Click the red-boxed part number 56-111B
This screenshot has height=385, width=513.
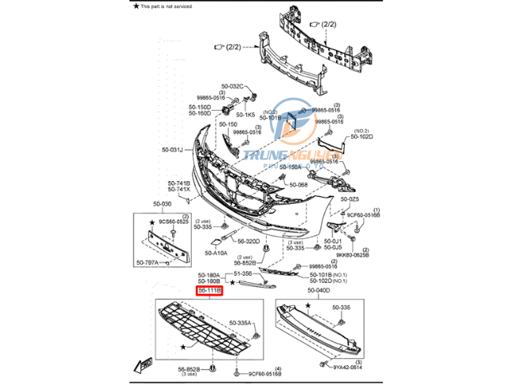(x=210, y=290)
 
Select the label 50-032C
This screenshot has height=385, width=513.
(x=233, y=85)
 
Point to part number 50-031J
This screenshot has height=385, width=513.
(x=172, y=149)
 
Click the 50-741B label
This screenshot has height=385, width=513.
(x=178, y=183)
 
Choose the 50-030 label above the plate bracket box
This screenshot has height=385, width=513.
(x=162, y=204)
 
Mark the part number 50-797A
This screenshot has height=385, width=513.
(x=147, y=262)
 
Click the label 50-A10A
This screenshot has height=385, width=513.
(x=215, y=253)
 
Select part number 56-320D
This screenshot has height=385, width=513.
(x=247, y=241)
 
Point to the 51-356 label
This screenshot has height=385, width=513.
(x=242, y=274)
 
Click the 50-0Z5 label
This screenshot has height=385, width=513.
(x=350, y=199)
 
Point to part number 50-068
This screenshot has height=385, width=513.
(x=297, y=184)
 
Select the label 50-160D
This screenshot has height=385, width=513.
(x=200, y=114)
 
